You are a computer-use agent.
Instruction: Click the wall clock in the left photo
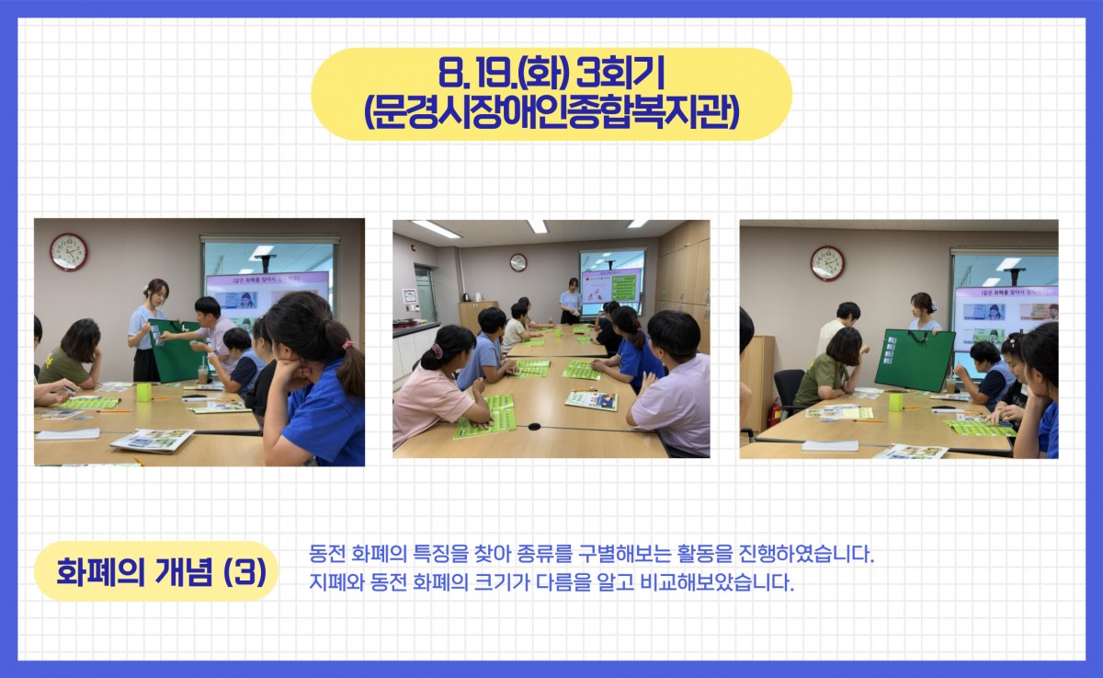[x=69, y=252]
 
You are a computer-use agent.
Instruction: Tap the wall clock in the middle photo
[x=518, y=262]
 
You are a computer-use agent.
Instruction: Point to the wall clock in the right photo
[x=827, y=264]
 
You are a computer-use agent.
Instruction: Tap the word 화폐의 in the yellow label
[x=100, y=571]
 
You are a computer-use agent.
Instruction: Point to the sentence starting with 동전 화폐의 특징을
[x=591, y=555]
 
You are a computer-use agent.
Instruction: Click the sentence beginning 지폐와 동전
[x=551, y=582]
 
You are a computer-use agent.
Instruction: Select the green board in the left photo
[x=176, y=350]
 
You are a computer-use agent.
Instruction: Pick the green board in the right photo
[x=915, y=361]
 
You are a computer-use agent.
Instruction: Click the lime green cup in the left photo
[x=143, y=392]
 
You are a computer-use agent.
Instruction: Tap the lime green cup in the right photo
[x=895, y=401]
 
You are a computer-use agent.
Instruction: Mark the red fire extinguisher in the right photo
[x=775, y=413]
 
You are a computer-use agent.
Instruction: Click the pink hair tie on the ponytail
[x=348, y=344]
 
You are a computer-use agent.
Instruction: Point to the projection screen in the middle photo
[x=611, y=285]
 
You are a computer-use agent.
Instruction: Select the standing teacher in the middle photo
[x=570, y=301]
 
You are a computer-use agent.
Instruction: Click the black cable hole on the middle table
[x=534, y=426]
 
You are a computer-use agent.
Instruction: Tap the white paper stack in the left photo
[x=68, y=434]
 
